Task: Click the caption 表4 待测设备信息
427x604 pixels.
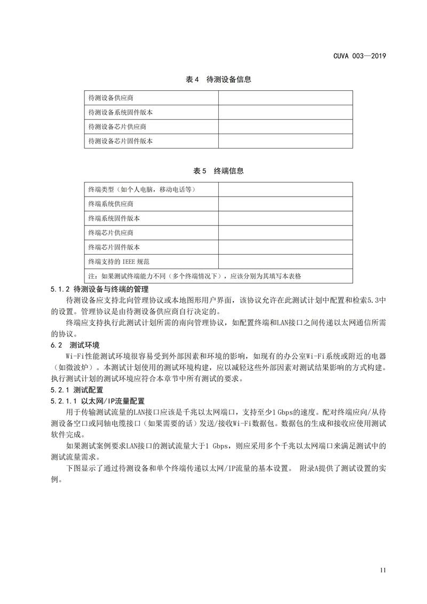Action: point(218,80)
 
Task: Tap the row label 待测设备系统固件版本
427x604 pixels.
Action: point(121,113)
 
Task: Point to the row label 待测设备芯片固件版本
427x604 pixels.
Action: point(121,142)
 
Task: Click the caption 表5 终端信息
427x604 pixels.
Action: point(218,171)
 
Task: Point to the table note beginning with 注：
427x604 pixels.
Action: point(194,276)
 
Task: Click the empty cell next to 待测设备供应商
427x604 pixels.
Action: point(285,98)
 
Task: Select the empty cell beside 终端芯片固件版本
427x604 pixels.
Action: point(285,247)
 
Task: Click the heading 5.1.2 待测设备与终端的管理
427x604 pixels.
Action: point(95,289)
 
